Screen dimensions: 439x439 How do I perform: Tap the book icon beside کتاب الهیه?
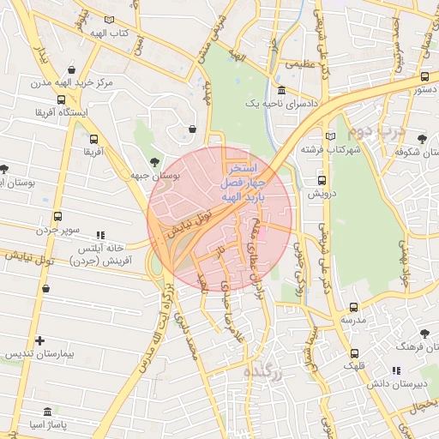tap(108, 19)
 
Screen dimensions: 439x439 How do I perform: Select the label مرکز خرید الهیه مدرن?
tap(63, 83)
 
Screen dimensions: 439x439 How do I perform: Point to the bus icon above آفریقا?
tap(93, 138)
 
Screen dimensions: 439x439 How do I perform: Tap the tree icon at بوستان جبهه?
tap(153, 161)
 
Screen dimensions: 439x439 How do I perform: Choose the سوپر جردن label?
tap(58, 231)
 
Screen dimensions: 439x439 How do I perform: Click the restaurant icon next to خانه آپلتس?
tap(99, 233)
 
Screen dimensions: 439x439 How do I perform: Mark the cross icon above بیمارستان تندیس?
tap(40, 340)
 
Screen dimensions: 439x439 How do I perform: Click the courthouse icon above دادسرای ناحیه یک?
tap(282, 91)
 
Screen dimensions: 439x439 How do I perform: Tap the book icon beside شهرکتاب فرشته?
tap(331, 136)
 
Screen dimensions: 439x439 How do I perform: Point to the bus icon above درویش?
tap(322, 180)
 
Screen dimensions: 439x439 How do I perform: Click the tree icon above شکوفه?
tap(420, 138)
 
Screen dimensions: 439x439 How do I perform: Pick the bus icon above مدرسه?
tap(353, 305)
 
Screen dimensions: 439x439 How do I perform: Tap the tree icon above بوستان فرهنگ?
tap(425, 331)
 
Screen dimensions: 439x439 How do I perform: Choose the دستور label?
tap(426, 87)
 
